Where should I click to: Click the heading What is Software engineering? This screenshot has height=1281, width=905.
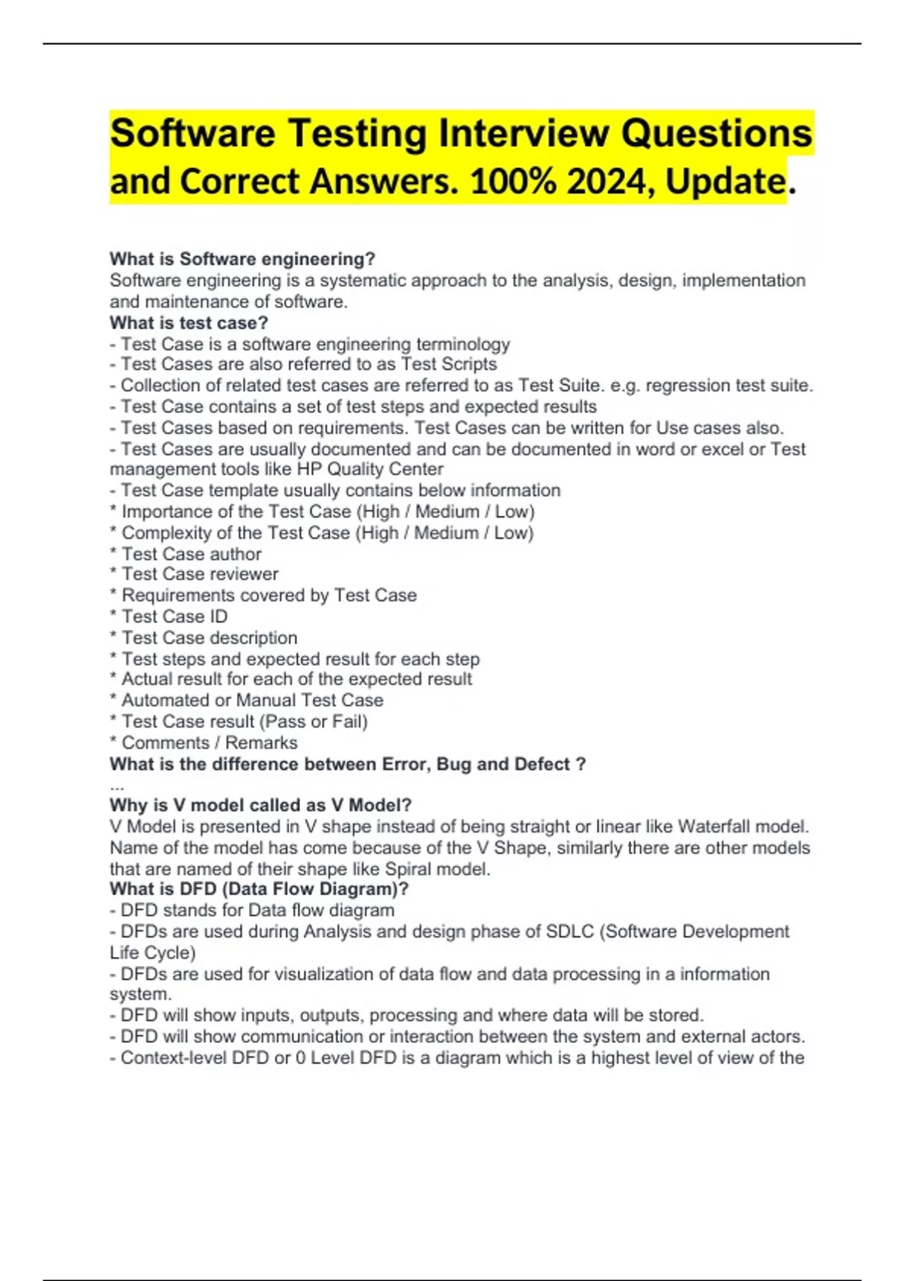click(242, 259)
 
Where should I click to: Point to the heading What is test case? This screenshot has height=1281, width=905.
click(189, 323)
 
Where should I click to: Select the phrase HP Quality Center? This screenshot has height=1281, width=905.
click(370, 469)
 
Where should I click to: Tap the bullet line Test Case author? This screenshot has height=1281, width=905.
click(192, 554)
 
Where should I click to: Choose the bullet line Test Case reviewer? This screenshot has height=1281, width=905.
click(200, 574)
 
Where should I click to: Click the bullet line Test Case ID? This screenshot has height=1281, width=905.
click(174, 616)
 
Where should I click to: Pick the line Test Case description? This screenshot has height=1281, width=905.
click(209, 637)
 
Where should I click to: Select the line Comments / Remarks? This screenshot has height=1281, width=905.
click(209, 743)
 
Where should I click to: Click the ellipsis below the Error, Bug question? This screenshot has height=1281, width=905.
click(117, 787)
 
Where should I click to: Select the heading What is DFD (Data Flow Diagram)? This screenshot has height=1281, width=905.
click(259, 889)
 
